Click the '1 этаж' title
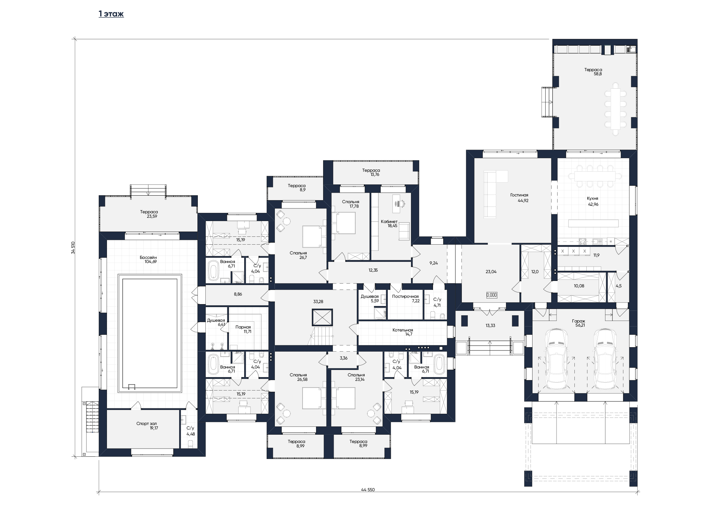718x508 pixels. (111, 14)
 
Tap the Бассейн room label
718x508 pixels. (148, 257)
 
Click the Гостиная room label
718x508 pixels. (519, 195)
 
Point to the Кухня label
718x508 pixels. (593, 199)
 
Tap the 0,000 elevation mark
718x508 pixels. (492, 295)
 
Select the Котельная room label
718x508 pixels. (403, 330)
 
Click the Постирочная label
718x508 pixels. (405, 296)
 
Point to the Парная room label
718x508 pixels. (243, 327)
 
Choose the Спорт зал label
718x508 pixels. (147, 423)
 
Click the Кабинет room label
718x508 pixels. (389, 221)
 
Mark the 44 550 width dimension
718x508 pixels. (368, 490)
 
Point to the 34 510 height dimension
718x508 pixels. (73, 248)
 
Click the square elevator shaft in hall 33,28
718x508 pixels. (322, 318)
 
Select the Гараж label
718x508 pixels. (579, 321)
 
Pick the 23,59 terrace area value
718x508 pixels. (149, 216)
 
